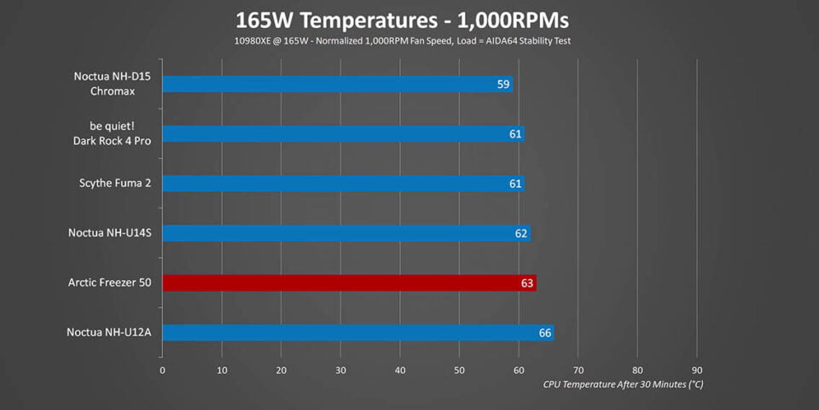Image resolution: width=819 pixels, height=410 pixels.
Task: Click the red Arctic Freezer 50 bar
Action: [x=341, y=283]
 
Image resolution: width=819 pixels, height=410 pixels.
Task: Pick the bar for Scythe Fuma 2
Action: [x=341, y=184]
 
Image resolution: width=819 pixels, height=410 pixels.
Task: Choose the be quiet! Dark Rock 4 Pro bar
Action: [x=341, y=134]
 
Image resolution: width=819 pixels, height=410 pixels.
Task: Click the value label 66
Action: [x=544, y=332]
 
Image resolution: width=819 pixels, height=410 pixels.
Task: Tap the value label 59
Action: [x=502, y=84]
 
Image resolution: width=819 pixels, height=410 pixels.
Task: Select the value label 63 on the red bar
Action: [x=526, y=283]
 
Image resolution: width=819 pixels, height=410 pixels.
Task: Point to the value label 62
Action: [x=521, y=233]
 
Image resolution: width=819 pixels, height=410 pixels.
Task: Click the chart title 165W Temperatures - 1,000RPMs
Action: [x=409, y=20]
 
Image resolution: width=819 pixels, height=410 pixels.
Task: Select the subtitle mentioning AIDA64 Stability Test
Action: [x=409, y=40]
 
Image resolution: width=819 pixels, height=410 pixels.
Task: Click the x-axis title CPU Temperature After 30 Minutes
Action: [x=624, y=384]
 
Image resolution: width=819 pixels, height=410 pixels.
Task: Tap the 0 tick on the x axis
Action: [x=162, y=370]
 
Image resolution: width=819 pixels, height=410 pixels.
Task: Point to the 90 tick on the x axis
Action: [x=697, y=370]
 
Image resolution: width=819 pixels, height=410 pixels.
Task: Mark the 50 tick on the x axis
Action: [x=459, y=370]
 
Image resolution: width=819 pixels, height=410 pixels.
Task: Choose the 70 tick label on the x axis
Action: [x=578, y=370]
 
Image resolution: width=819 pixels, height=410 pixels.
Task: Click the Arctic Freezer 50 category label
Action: [x=109, y=283]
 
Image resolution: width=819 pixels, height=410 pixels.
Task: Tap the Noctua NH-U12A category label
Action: [x=108, y=332]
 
